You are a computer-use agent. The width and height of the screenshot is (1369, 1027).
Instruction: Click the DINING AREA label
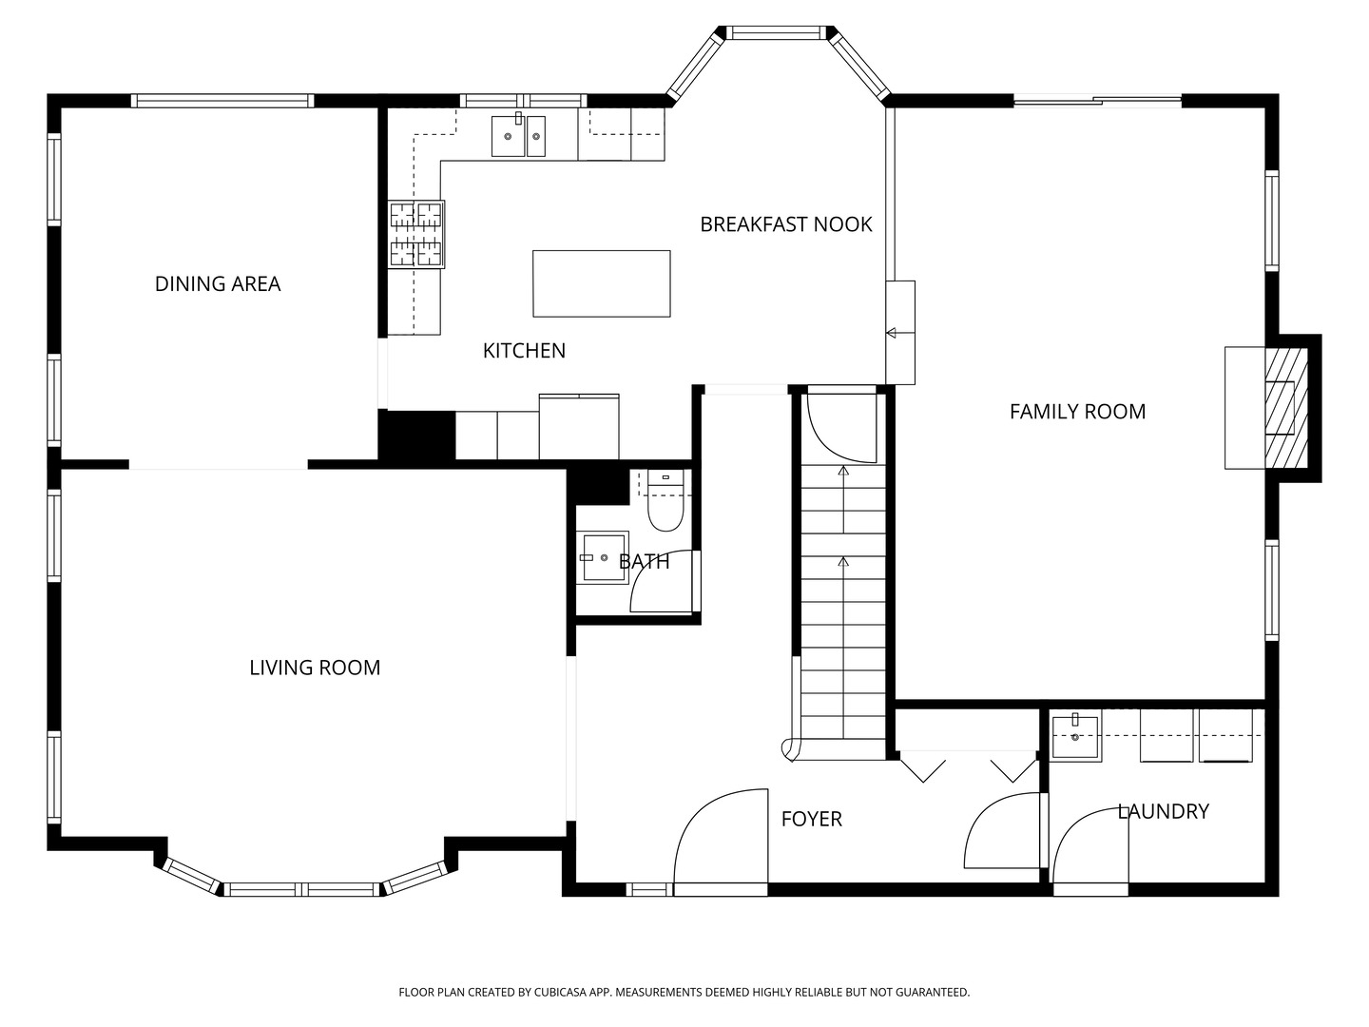click(x=218, y=283)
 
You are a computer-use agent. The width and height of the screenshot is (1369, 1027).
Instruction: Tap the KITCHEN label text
click(x=524, y=351)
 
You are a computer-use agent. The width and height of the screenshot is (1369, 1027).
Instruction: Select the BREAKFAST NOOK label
click(x=786, y=224)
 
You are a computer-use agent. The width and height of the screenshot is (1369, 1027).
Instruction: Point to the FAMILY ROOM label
click(x=1077, y=412)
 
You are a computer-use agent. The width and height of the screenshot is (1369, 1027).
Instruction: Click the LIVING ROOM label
click(x=315, y=668)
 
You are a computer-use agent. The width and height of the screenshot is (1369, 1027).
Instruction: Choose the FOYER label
click(x=812, y=819)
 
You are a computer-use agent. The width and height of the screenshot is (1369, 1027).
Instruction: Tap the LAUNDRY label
click(x=1164, y=811)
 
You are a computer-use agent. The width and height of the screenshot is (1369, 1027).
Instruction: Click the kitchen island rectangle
click(x=601, y=283)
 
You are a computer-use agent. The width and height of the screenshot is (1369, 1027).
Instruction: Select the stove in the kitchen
click(x=416, y=234)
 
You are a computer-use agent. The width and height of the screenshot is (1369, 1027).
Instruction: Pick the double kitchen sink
click(x=519, y=135)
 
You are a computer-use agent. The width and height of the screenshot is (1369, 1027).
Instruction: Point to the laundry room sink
click(x=1075, y=738)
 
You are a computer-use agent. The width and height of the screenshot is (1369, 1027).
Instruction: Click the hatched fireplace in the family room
click(x=1286, y=408)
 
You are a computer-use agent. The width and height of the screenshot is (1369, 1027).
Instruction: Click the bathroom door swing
click(x=665, y=581)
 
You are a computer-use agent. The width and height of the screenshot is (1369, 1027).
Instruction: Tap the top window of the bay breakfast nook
click(x=776, y=32)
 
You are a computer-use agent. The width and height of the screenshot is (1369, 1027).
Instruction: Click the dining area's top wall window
click(x=222, y=101)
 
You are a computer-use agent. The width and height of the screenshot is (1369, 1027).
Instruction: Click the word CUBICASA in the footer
click(x=561, y=992)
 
